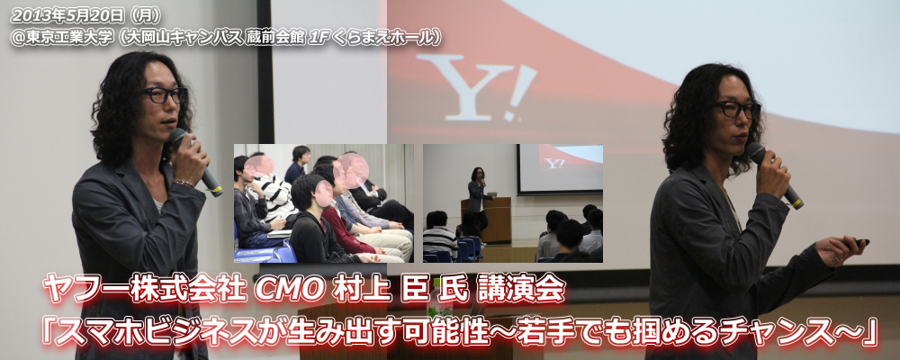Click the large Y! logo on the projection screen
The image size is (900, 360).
pyautogui.click(x=476, y=87)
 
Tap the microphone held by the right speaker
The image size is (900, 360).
pyautogui.click(x=775, y=175)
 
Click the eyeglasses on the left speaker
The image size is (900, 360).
pyautogui.click(x=163, y=94)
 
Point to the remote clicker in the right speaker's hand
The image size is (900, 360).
pyautogui.click(x=857, y=243)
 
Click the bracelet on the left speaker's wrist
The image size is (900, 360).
pyautogui.click(x=184, y=184)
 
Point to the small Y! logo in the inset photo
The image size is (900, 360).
pyautogui.click(x=554, y=164)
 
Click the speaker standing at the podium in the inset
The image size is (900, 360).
pyautogui.click(x=477, y=195)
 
